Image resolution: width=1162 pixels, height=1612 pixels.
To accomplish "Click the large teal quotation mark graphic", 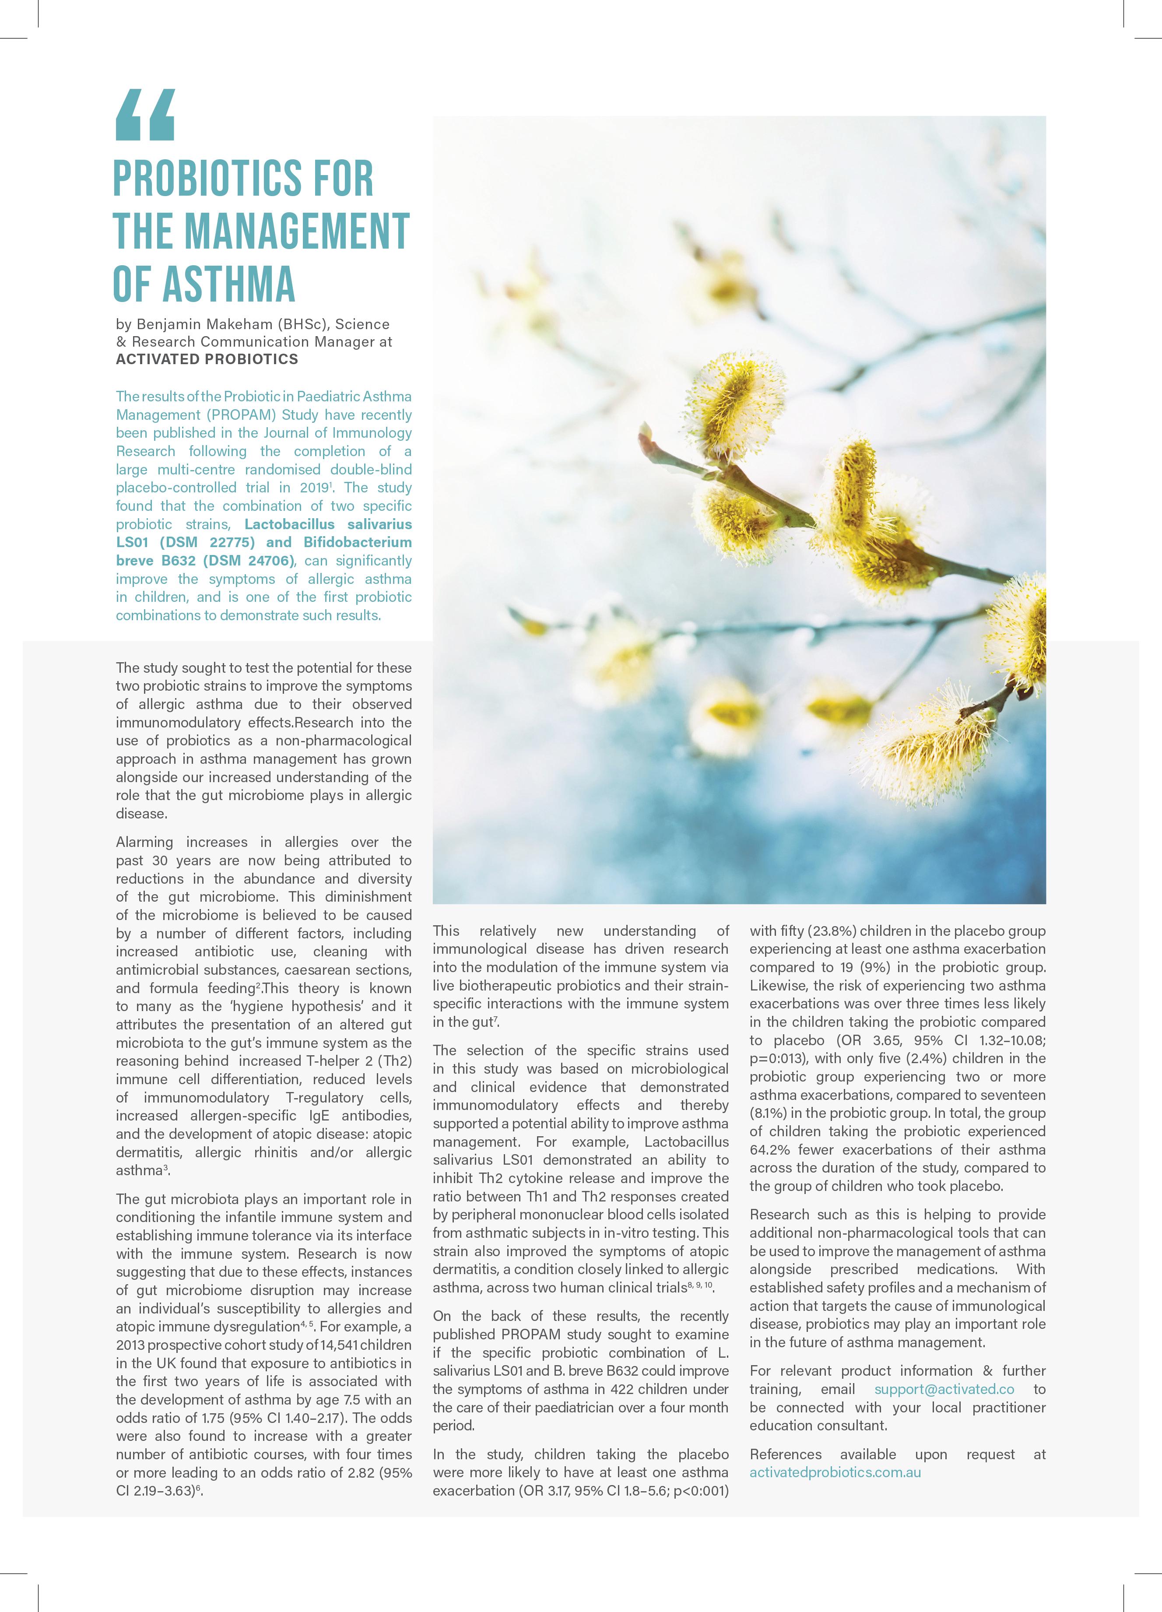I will (x=144, y=115).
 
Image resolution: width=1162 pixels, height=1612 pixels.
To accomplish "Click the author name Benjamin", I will (x=171, y=324).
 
